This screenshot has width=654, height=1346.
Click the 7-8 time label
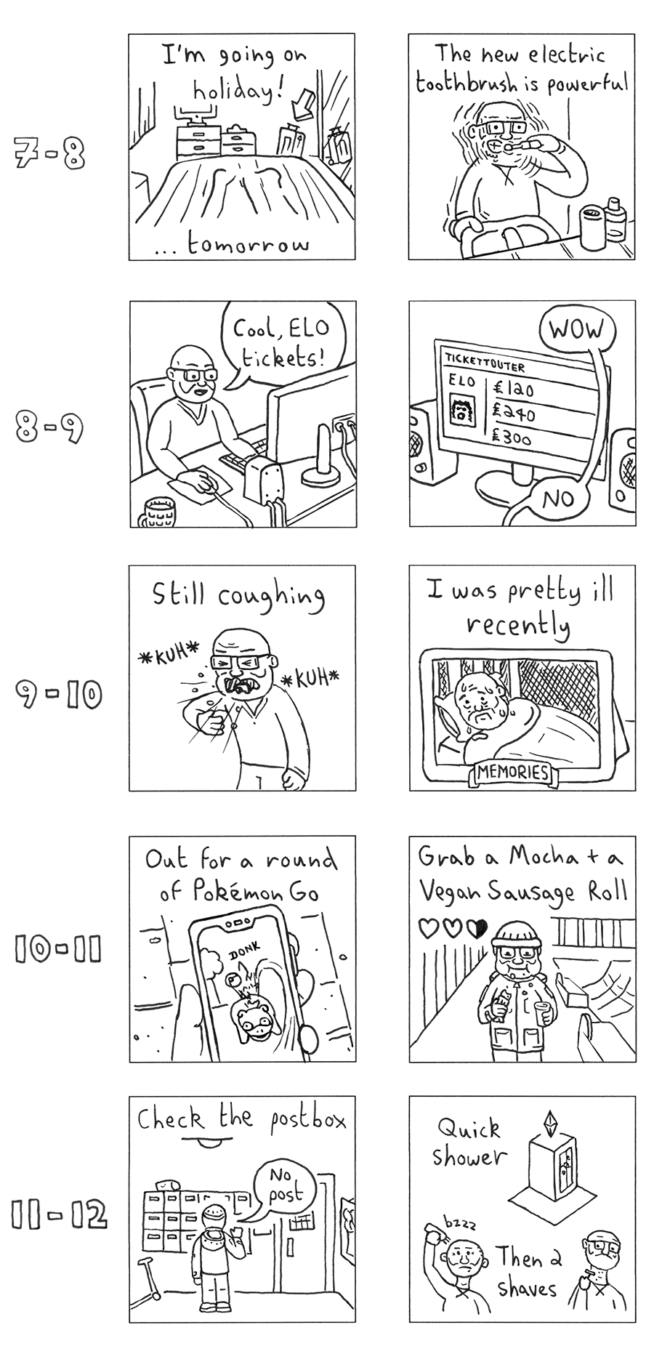click(x=49, y=154)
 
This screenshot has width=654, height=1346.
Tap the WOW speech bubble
click(x=576, y=331)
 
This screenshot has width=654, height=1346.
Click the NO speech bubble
click(x=558, y=499)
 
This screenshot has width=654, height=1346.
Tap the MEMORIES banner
click(x=513, y=772)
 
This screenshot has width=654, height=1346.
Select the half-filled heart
click(x=476, y=928)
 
